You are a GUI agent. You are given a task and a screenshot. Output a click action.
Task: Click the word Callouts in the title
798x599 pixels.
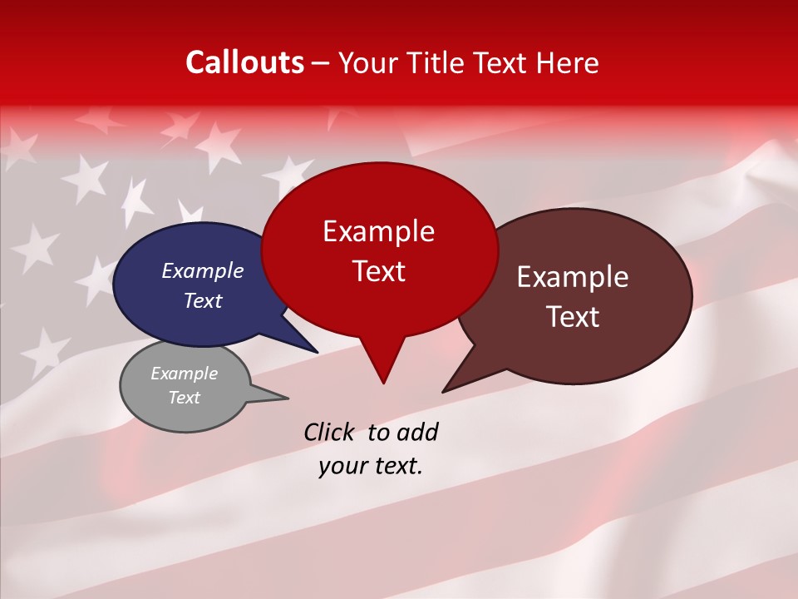(244, 62)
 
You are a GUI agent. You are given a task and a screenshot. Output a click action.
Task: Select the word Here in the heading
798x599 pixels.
(567, 62)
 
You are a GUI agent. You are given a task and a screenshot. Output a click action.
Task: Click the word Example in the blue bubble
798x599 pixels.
(203, 270)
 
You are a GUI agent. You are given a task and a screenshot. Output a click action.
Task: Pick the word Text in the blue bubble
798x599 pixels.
(203, 300)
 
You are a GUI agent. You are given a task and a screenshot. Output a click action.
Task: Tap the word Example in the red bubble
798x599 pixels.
(378, 231)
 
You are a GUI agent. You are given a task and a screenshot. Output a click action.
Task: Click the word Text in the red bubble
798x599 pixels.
(378, 271)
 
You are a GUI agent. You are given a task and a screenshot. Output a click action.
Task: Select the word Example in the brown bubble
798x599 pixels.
(573, 277)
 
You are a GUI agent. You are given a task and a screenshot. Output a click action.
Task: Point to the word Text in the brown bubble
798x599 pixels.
(573, 317)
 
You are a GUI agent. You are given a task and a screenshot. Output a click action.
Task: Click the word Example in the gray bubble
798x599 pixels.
(184, 374)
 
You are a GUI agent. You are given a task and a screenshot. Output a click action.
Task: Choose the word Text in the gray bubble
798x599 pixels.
(184, 398)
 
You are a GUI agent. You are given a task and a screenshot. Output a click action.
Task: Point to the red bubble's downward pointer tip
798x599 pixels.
(383, 382)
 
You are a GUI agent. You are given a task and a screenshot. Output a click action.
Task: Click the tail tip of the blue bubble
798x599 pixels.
(317, 351)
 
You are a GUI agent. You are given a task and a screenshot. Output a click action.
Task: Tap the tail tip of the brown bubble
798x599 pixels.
(444, 391)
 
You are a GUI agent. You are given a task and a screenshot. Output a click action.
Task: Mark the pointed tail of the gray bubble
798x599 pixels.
(287, 398)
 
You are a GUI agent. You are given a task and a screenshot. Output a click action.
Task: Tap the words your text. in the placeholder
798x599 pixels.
(371, 466)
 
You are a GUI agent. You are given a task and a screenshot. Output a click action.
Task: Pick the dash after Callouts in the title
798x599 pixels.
(322, 63)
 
